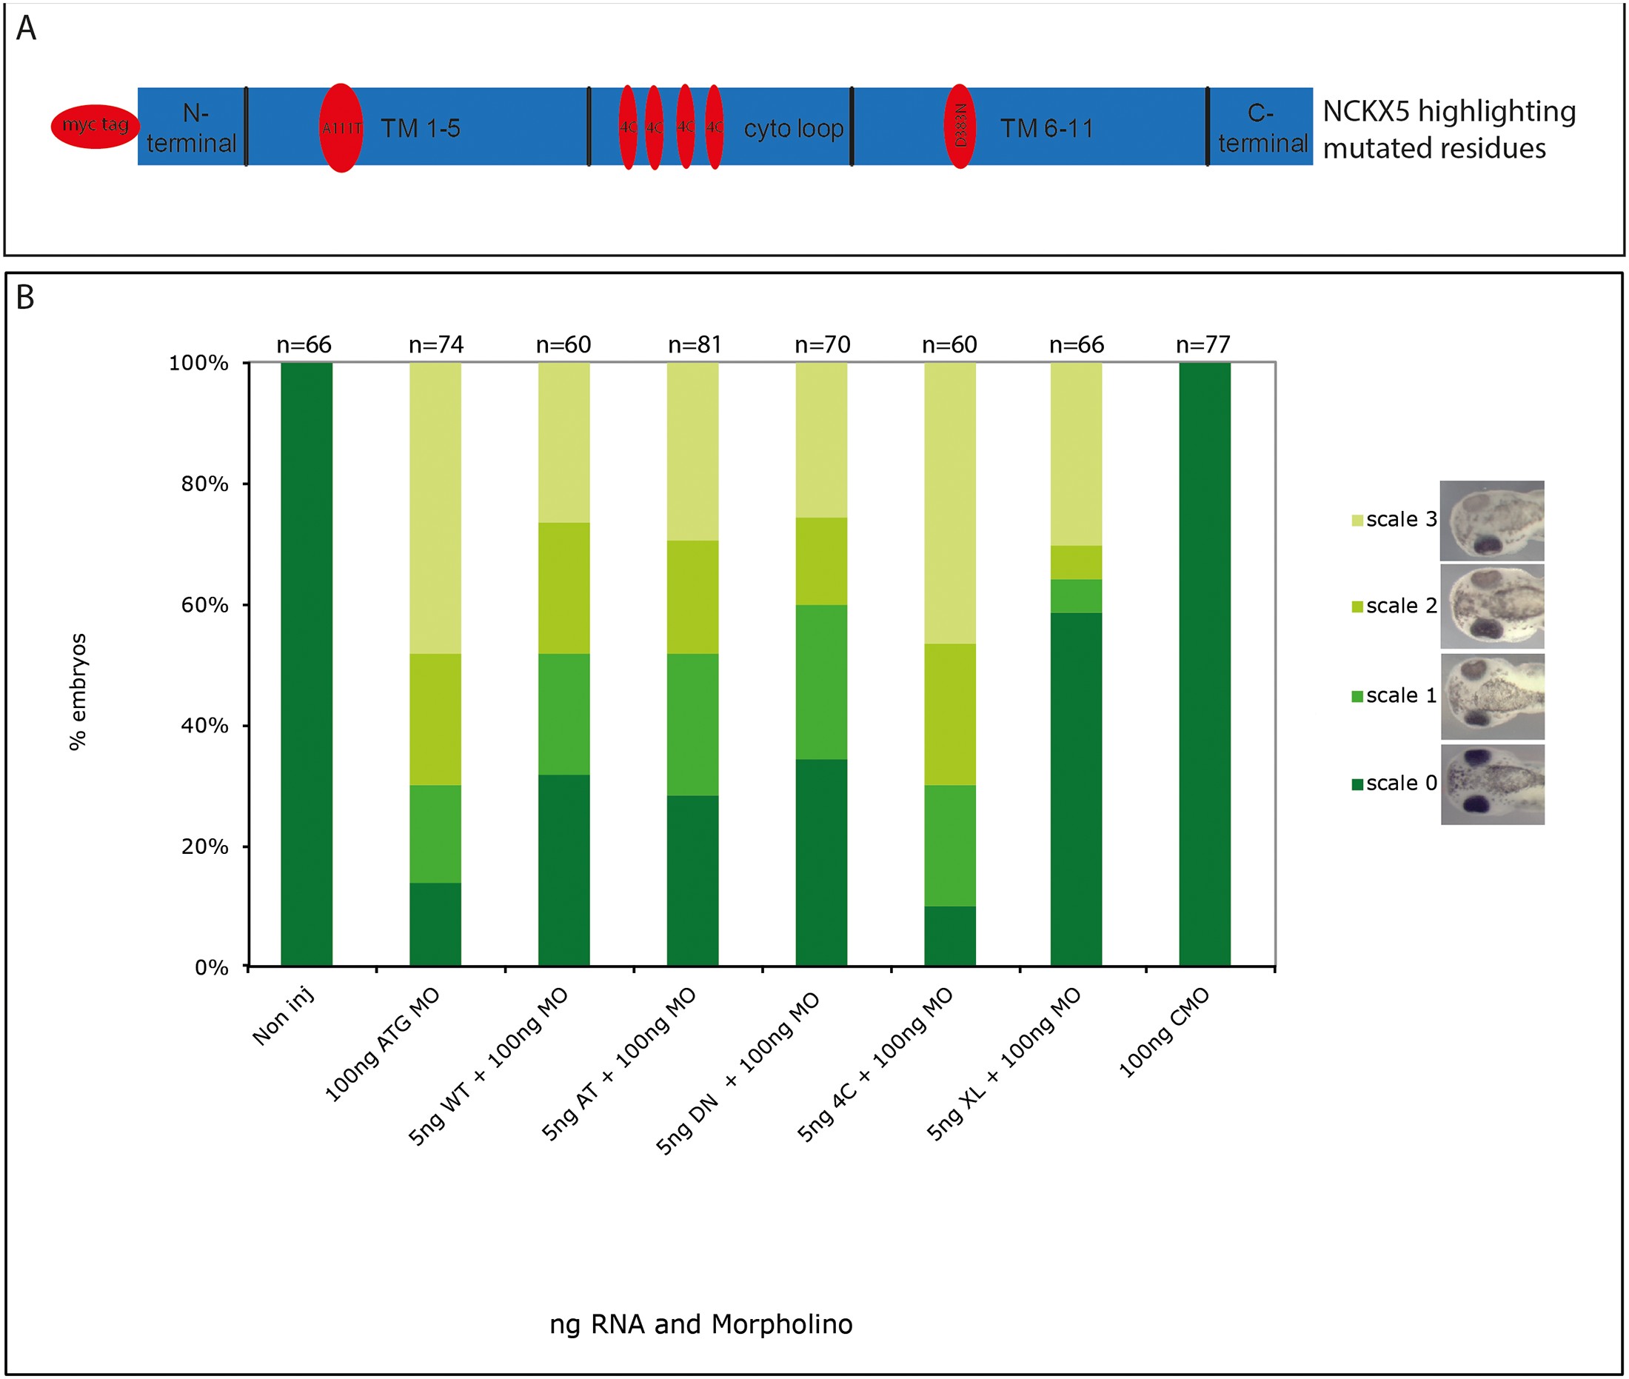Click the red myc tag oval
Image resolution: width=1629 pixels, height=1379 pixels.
pos(95,127)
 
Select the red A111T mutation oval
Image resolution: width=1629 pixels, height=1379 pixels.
pos(341,128)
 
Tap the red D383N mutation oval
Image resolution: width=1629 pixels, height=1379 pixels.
pos(960,127)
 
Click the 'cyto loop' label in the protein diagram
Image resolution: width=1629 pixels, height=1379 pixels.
pos(793,129)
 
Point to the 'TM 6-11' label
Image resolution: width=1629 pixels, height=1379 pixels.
pos(1047,129)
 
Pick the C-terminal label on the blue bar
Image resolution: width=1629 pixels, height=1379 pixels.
pos(1262,128)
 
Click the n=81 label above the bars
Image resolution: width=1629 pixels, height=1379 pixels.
pos(694,345)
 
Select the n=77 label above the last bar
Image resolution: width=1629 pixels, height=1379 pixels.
pos(1203,345)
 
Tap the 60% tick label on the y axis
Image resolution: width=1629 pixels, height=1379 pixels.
pos(205,605)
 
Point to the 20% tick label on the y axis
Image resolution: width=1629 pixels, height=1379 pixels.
pos(205,847)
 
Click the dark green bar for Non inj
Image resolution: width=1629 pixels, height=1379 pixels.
pos(307,664)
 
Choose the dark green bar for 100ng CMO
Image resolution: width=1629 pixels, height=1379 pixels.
pos(1205,664)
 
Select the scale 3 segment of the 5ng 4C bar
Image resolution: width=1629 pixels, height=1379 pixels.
pos(950,503)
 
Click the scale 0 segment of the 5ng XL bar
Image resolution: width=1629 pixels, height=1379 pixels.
pos(1077,789)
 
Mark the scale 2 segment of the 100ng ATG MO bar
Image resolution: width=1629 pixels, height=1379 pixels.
pos(435,719)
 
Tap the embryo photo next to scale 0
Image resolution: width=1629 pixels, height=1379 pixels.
pos(1492,784)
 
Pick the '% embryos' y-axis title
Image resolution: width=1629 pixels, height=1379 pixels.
pos(78,692)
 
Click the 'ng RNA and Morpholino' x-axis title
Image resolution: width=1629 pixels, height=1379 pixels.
pos(700,1324)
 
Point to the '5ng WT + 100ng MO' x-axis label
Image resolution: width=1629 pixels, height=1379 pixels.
pos(489,1067)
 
